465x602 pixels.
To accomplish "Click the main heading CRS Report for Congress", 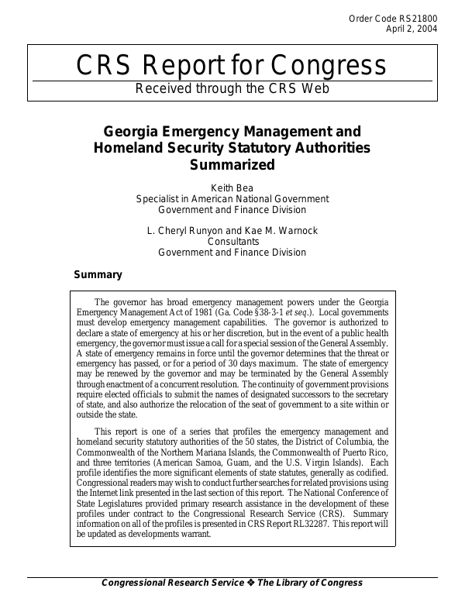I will [232, 66].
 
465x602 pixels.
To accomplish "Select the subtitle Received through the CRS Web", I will [232, 88].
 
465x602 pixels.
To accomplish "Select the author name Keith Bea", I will [232, 187].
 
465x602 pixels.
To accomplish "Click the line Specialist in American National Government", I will [232, 198].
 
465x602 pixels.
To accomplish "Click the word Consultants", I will [232, 242].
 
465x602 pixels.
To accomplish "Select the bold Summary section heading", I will [98, 275].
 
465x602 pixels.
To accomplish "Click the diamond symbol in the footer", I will [250, 583].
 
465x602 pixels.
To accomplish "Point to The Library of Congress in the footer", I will [309, 583].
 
